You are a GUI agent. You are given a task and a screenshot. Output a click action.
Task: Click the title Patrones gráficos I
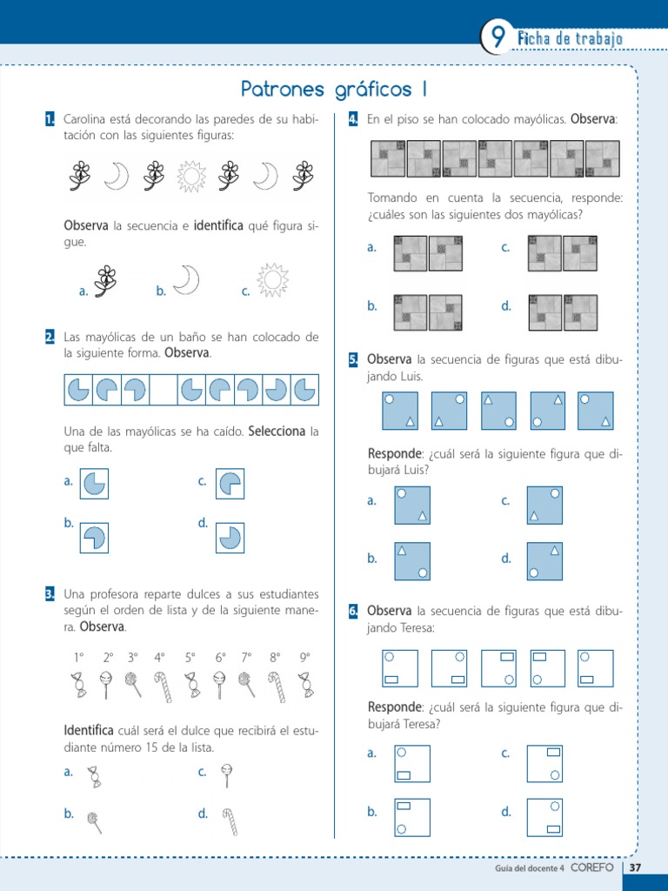[334, 90]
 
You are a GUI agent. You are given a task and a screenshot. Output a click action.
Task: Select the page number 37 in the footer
[635, 868]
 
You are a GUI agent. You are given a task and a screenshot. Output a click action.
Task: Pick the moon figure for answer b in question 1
[186, 280]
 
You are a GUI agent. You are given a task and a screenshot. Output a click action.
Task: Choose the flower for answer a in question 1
[105, 281]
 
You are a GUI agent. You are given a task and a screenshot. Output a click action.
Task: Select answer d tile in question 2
[230, 537]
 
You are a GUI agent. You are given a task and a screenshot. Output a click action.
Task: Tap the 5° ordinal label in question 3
[190, 658]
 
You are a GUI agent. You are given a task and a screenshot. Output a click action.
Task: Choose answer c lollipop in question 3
[228, 775]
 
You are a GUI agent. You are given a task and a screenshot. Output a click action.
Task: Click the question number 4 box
[353, 118]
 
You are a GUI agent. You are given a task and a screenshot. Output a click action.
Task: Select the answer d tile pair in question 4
[562, 313]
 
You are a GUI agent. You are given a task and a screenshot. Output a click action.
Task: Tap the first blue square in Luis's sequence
[400, 411]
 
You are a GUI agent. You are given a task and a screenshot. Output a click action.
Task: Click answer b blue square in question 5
[412, 561]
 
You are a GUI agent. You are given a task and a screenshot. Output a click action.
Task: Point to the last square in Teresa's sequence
[595, 668]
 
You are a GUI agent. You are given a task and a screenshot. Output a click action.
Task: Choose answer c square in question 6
[544, 764]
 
